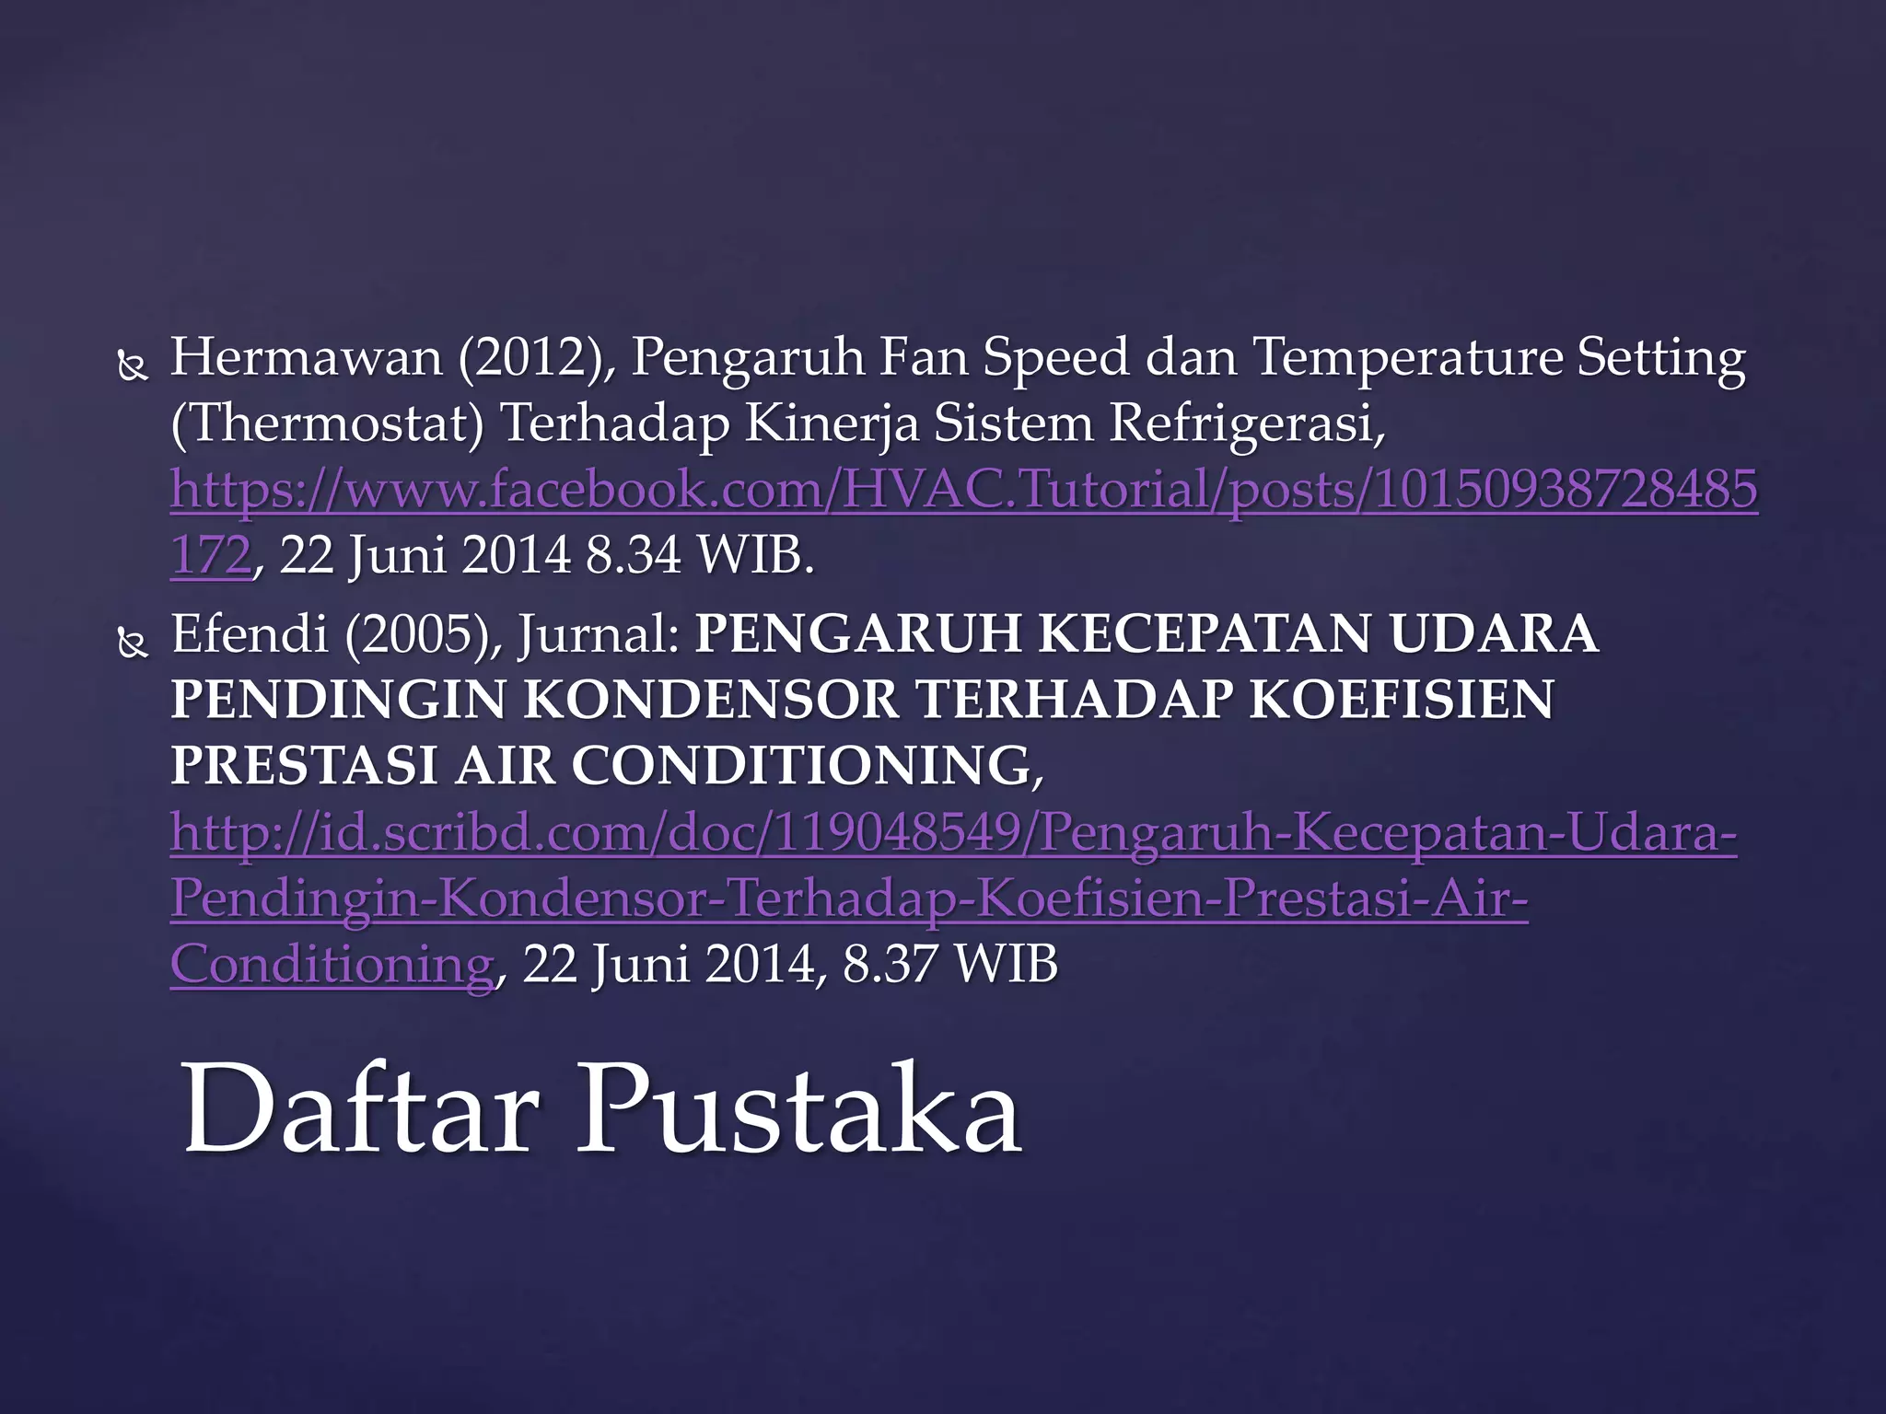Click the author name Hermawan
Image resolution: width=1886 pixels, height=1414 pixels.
[306, 357]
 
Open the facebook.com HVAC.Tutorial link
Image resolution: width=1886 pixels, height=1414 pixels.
[963, 490]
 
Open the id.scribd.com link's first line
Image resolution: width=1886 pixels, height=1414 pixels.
[953, 832]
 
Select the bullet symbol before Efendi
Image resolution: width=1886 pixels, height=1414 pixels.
[134, 645]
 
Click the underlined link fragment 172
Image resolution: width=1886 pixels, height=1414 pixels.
[211, 556]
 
